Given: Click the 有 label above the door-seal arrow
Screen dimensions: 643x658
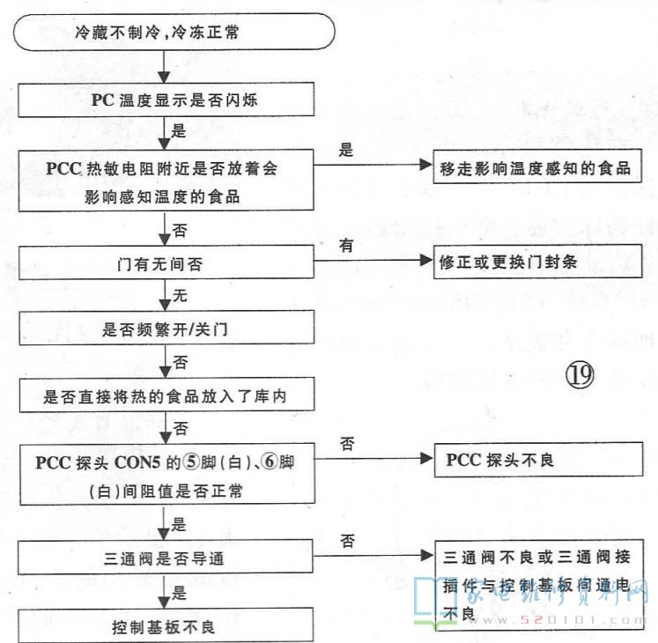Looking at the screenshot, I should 347,247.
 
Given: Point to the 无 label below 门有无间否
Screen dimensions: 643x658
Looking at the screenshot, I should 180,297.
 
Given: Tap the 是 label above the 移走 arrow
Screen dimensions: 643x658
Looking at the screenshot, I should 346,150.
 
